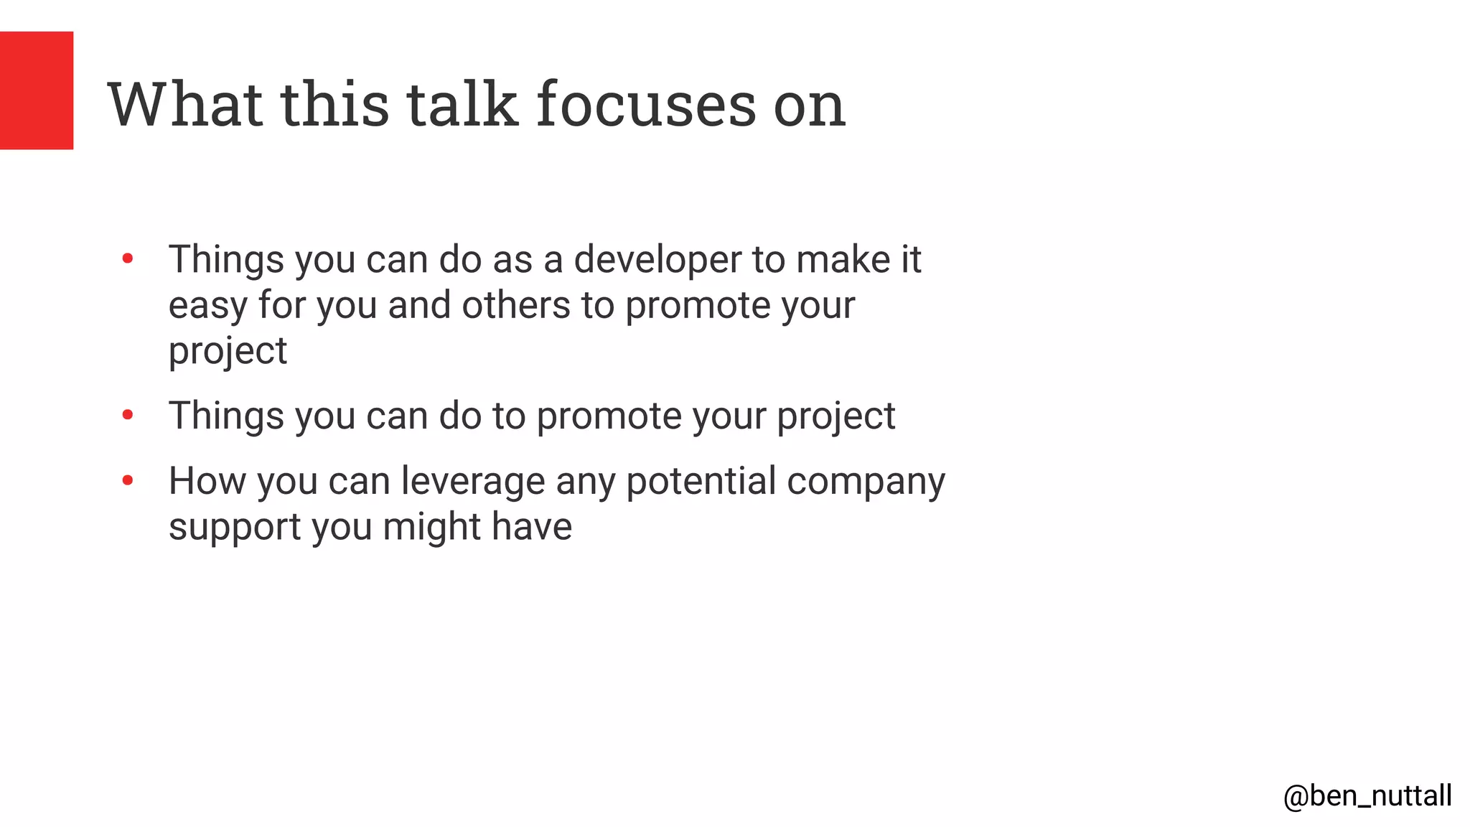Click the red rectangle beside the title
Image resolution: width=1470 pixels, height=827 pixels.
36,90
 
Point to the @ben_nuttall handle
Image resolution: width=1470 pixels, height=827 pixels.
1367,796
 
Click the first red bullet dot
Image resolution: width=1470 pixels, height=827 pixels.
128,258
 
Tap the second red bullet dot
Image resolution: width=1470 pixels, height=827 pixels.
128,415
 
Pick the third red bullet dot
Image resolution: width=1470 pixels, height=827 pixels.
128,480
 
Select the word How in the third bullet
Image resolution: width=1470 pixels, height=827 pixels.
207,481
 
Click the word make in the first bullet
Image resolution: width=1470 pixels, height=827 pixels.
843,259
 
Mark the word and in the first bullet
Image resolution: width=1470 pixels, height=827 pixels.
419,305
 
